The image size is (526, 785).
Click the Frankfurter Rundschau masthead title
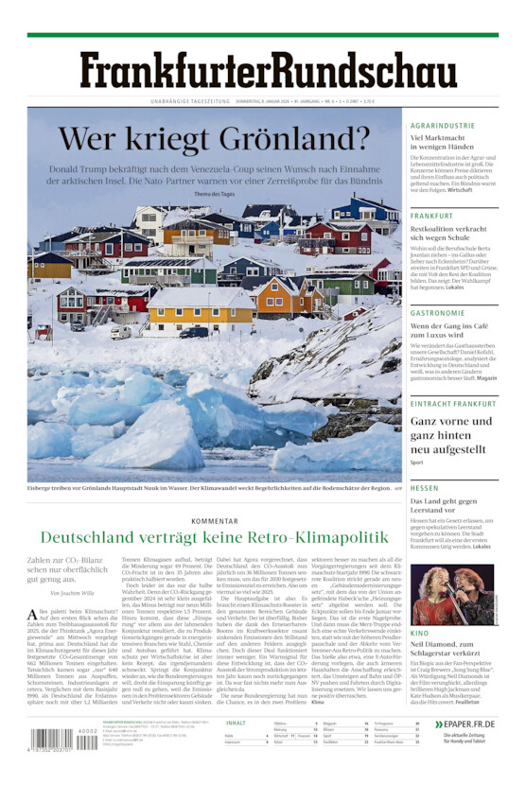[268, 71]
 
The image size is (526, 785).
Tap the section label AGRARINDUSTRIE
[443, 126]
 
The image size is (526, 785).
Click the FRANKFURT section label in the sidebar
[431, 216]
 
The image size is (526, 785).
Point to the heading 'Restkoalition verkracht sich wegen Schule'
[448, 234]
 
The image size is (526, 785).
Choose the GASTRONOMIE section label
[437, 313]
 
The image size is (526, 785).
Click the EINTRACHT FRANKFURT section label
[452, 404]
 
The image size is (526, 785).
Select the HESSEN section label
[425, 488]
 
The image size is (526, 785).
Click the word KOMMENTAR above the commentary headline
[214, 520]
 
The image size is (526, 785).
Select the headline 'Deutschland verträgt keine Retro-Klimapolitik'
[214, 538]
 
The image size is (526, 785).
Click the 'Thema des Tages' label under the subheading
[214, 194]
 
